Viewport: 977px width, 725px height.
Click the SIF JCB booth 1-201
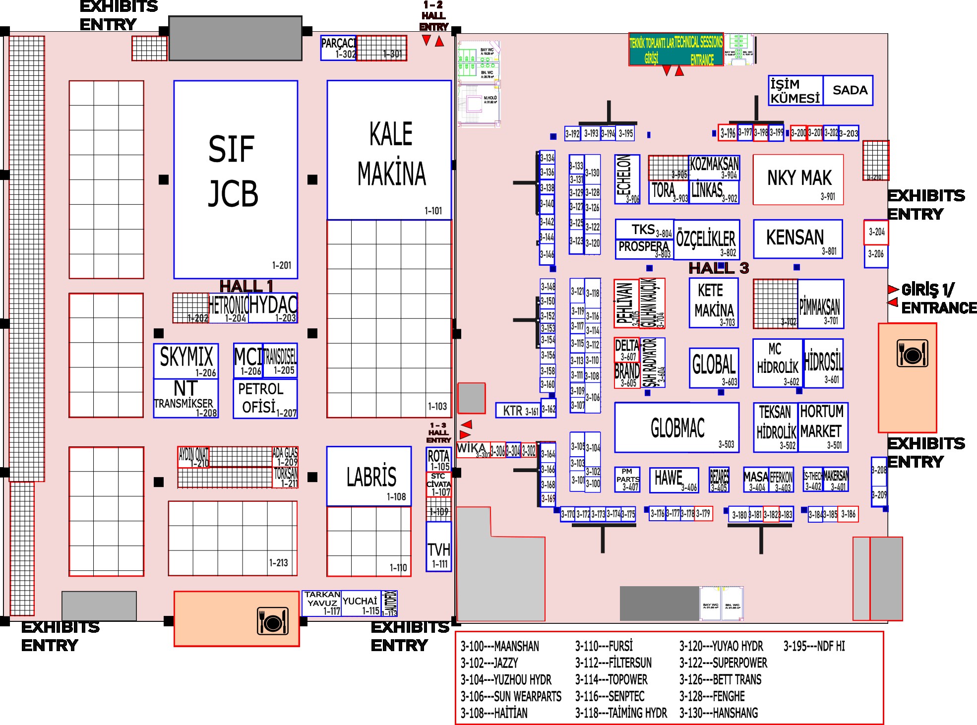point(236,179)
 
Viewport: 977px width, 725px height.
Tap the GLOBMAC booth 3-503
point(676,427)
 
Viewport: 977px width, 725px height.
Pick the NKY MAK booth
point(798,179)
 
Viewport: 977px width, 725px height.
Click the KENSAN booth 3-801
point(797,239)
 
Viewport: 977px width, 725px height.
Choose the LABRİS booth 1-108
point(369,476)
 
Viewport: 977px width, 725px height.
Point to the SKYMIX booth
point(186,361)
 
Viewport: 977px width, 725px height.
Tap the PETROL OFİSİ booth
point(265,398)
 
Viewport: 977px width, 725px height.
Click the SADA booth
point(849,90)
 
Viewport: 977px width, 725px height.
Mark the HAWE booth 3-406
point(673,480)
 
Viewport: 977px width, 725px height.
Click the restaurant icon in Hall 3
point(912,354)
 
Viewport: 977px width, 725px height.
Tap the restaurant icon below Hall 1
point(272,620)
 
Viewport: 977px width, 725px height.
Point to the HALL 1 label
point(246,286)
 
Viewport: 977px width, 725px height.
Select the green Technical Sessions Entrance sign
point(676,50)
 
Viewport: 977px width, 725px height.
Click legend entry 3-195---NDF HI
point(814,646)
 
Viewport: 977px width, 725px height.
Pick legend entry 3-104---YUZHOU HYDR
point(505,679)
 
